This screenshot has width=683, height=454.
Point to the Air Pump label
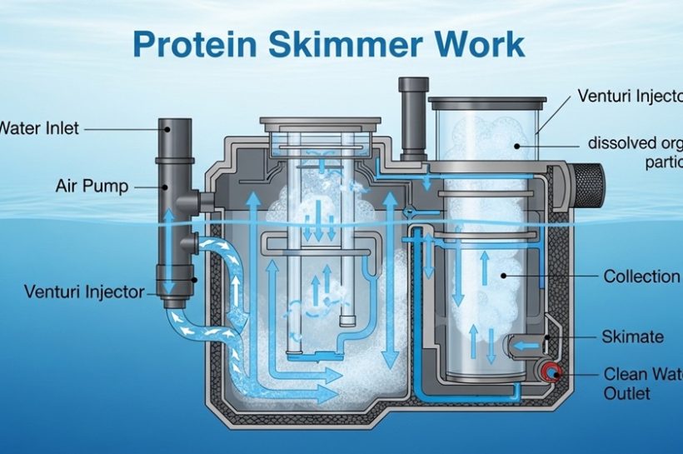click(x=92, y=185)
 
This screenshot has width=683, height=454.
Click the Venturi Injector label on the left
click(x=84, y=292)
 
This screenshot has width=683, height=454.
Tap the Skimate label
click(x=632, y=337)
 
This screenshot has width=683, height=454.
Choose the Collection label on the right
click(x=641, y=277)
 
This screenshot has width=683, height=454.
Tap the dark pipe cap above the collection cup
click(x=413, y=86)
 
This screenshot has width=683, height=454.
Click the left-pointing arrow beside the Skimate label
click(x=522, y=342)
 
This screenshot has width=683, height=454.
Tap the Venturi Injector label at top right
click(x=629, y=96)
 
